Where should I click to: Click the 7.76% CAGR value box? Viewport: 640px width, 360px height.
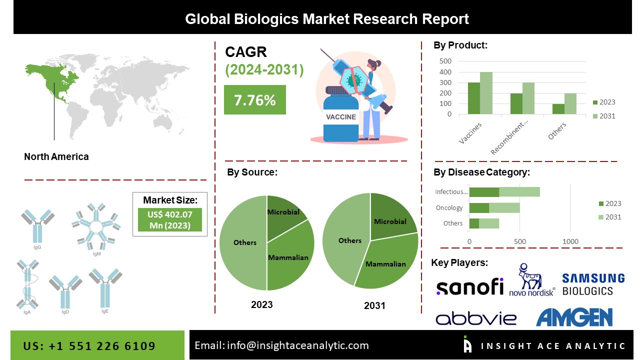[255, 100]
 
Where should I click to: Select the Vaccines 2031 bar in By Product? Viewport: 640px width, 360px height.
[486, 93]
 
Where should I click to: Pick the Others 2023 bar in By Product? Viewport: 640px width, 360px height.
[558, 108]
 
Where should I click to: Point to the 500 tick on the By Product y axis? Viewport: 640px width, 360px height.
[445, 61]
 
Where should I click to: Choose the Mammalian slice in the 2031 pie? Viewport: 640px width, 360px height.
[387, 262]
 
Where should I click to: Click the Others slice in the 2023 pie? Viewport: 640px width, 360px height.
[244, 242]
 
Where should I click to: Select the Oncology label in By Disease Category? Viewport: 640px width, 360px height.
[449, 207]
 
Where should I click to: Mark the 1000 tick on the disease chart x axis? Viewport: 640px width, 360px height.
[570, 241]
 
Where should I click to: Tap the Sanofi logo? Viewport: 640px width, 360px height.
[469, 287]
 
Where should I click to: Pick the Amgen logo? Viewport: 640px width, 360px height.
[574, 317]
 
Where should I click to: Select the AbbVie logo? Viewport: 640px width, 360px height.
[469, 318]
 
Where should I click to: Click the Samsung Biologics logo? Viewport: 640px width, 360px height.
[593, 284]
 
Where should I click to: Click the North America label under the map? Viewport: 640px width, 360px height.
[56, 156]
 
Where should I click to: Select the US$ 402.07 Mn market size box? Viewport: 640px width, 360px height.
[170, 220]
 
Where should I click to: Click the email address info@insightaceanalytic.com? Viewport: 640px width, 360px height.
[281, 345]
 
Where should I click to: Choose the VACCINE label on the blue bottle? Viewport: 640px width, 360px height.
[341, 117]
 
